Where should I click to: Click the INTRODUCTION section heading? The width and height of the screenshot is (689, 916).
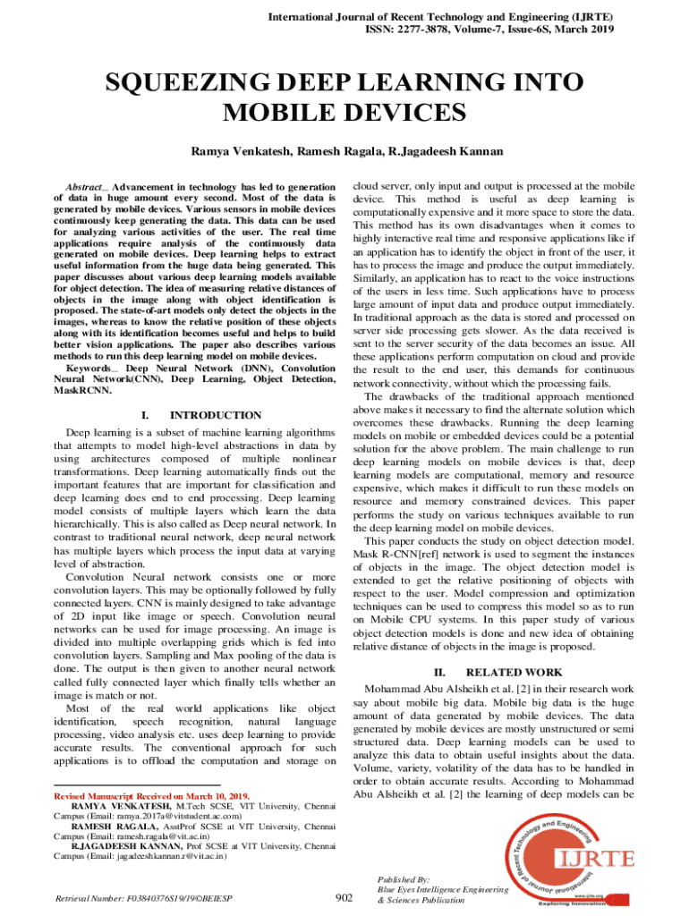pyautogui.click(x=216, y=415)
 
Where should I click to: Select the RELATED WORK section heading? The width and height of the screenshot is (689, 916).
pyautogui.click(x=515, y=672)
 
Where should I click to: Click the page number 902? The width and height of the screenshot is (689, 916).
pyautogui.click(x=344, y=898)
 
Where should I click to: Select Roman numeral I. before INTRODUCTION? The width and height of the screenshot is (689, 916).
pyautogui.click(x=145, y=415)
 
